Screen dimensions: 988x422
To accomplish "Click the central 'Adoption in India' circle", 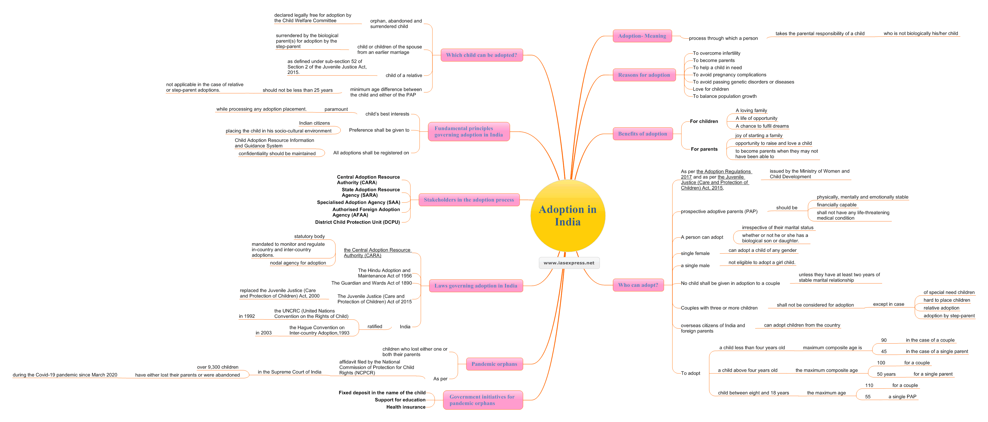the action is [568, 216].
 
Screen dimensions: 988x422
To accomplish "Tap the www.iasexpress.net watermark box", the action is [569, 263].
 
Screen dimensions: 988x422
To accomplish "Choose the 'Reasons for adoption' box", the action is [644, 75].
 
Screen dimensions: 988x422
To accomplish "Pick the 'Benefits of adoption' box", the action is [642, 134].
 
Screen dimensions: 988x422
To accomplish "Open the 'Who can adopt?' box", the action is [638, 285].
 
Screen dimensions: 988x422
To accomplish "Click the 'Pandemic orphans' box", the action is [494, 364].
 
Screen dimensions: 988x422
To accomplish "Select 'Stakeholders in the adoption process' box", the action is [469, 200].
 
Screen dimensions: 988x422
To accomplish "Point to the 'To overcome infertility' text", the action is [716, 53].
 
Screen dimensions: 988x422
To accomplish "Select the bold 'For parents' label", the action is [704, 149].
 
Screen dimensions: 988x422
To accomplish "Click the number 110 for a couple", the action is [869, 386].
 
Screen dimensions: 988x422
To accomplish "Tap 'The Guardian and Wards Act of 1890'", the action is [371, 283].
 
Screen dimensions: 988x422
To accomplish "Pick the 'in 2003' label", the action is [263, 333].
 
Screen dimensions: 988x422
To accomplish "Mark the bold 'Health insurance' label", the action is [406, 407].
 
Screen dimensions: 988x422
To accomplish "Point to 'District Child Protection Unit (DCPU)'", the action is [357, 222].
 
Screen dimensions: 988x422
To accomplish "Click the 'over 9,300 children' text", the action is [217, 367].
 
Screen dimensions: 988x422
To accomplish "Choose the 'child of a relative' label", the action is [404, 76].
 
